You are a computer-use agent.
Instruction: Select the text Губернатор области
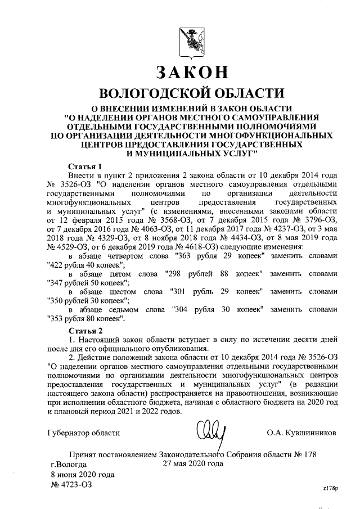[83, 433]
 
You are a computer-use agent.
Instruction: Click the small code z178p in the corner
[330, 488]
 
